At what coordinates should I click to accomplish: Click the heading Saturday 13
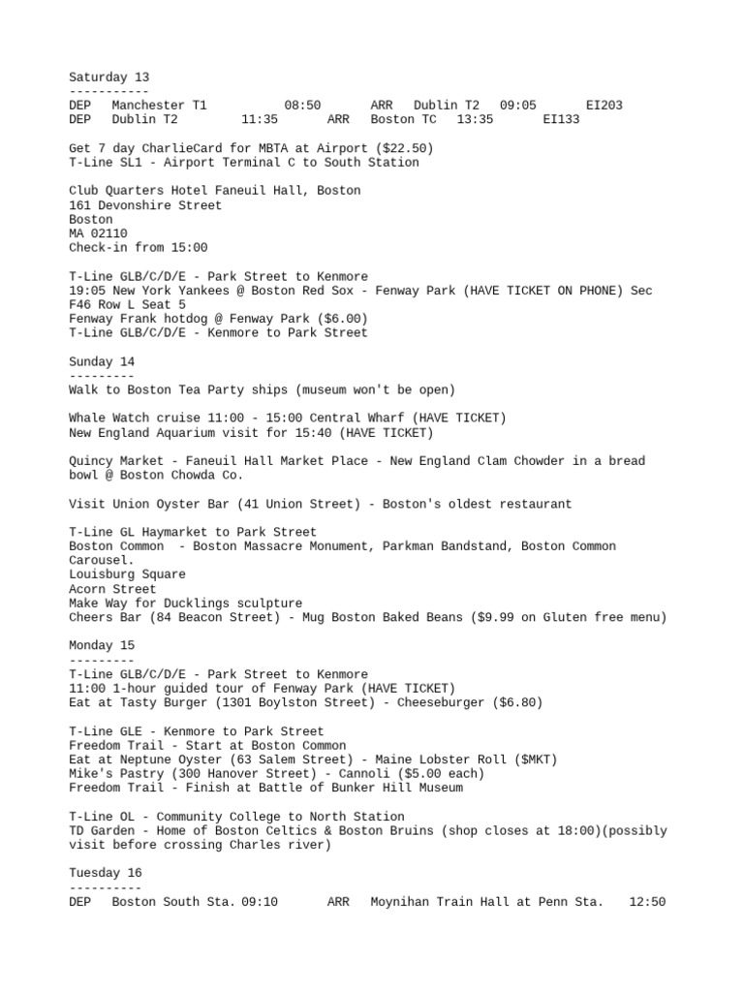108,77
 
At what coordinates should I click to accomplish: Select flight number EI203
604,106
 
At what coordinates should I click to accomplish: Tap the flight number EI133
561,120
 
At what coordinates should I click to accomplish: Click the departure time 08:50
302,106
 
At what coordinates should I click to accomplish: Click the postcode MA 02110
98,233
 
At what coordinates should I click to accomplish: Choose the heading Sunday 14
102,361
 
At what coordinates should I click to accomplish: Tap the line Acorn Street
111,589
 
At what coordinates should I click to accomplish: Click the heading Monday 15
102,645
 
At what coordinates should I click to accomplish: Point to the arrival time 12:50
647,902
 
